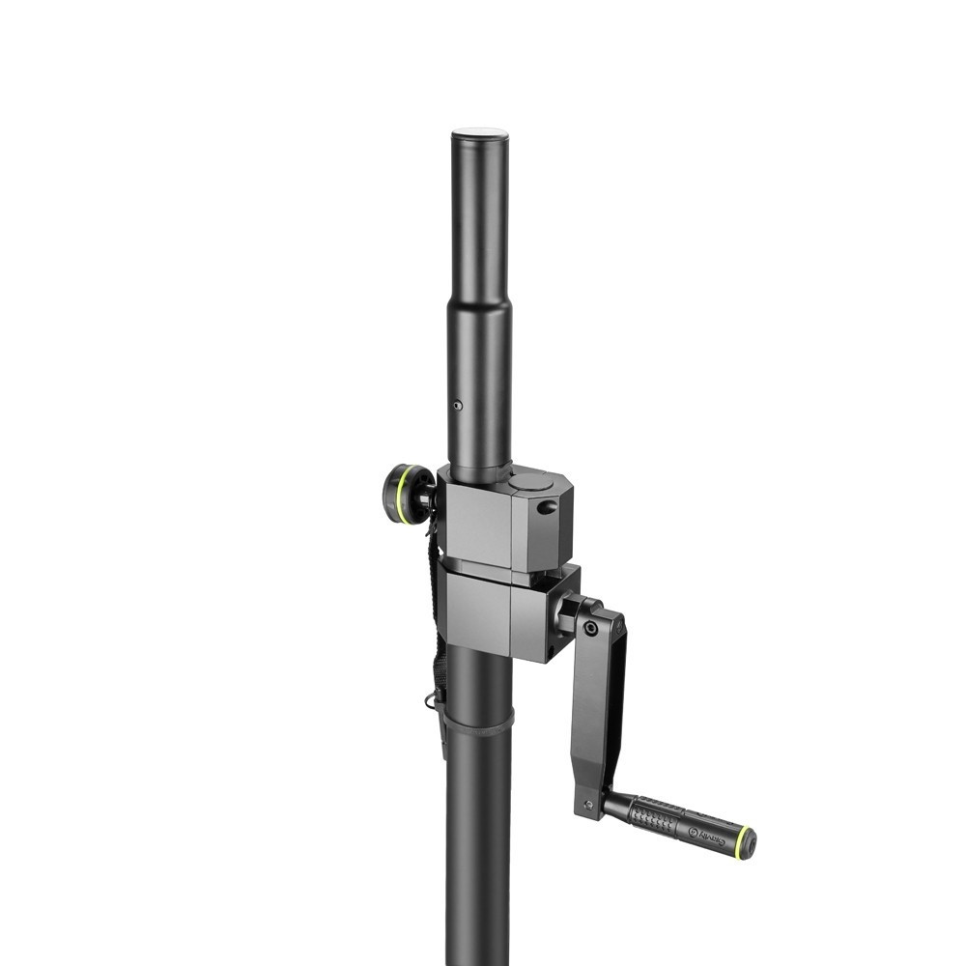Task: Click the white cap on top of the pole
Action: click(x=480, y=133)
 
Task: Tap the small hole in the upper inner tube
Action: click(x=458, y=406)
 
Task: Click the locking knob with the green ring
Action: click(x=407, y=494)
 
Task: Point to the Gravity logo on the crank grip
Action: click(x=708, y=833)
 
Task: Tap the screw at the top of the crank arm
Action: click(x=590, y=628)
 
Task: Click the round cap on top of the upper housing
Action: click(x=532, y=481)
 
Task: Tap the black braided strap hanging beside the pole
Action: click(x=436, y=618)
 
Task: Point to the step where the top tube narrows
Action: click(x=479, y=301)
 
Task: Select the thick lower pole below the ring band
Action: click(x=478, y=850)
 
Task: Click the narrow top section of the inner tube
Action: click(x=479, y=213)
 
